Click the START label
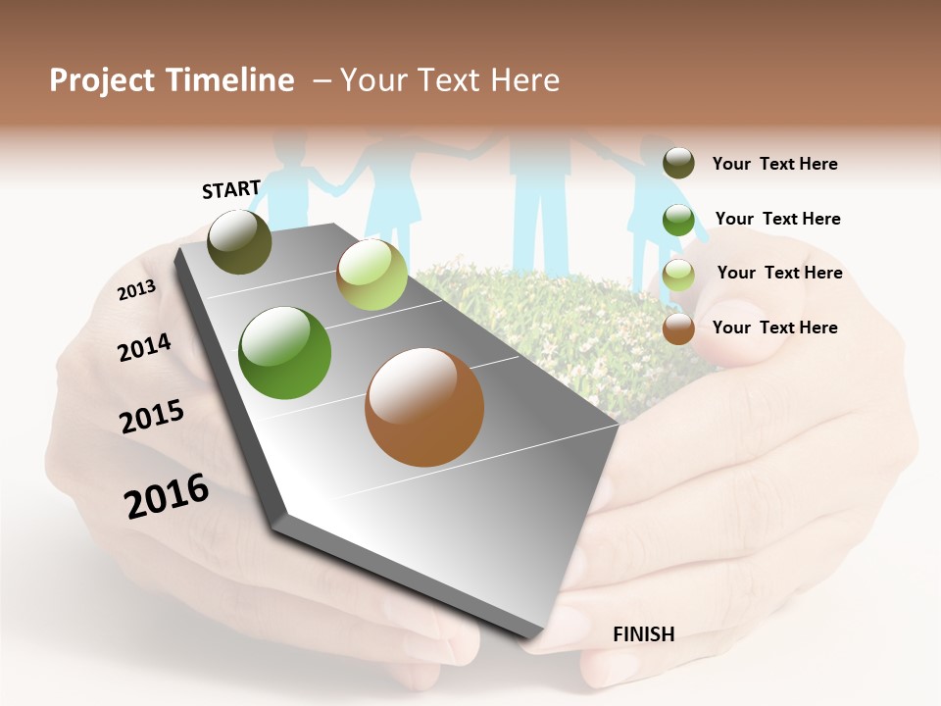tap(231, 189)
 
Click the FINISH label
tap(643, 634)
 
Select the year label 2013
tap(136, 290)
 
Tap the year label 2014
tap(144, 347)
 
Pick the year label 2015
tap(152, 417)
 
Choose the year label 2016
tap(167, 496)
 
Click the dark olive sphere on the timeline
tap(239, 241)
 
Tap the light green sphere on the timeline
tap(371, 275)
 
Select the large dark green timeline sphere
tap(284, 353)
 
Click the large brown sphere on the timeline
tap(424, 407)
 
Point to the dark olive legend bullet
tap(678, 163)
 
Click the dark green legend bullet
tap(678, 219)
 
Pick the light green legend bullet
tap(678, 274)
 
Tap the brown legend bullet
tap(678, 328)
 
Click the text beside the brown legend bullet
tap(774, 328)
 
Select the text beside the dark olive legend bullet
tap(774, 164)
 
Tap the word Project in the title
tap(101, 80)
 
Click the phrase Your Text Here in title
tap(450, 80)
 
